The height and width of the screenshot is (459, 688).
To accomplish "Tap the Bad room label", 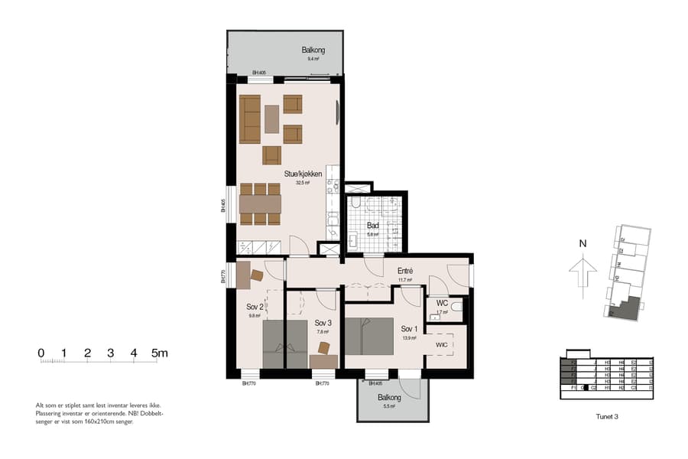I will click(373, 226).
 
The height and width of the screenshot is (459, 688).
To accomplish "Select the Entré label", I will click(405, 271).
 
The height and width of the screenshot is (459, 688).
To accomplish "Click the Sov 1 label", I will click(410, 329).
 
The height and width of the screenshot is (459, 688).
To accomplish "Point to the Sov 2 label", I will click(255, 307).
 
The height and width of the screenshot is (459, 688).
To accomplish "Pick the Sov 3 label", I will click(322, 323).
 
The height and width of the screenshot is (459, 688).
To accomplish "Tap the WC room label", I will click(441, 303).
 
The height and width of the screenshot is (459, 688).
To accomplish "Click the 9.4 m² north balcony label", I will click(313, 50).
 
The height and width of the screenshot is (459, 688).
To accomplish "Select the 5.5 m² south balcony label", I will click(388, 398).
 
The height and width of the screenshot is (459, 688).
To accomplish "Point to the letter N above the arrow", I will click(583, 244).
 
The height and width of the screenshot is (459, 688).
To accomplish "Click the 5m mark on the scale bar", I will click(158, 353).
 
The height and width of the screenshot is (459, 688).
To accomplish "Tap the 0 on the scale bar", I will click(41, 353).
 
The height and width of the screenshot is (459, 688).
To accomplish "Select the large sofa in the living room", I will click(250, 119).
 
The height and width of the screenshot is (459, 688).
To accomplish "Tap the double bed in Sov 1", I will click(368, 336).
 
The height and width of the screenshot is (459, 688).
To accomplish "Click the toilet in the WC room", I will click(456, 307).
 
